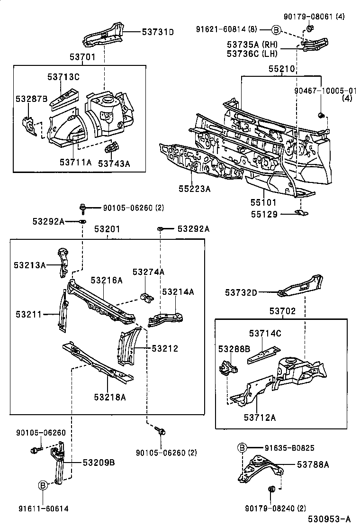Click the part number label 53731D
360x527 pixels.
(158, 32)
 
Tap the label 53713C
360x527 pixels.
(63, 77)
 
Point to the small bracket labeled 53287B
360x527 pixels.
(30, 126)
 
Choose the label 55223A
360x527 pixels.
(194, 189)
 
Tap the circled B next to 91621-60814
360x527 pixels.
(276, 30)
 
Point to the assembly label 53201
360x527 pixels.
(107, 229)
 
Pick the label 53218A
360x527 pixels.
(109, 397)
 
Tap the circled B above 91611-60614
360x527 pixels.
(43, 485)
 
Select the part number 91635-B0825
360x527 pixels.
(289, 447)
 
